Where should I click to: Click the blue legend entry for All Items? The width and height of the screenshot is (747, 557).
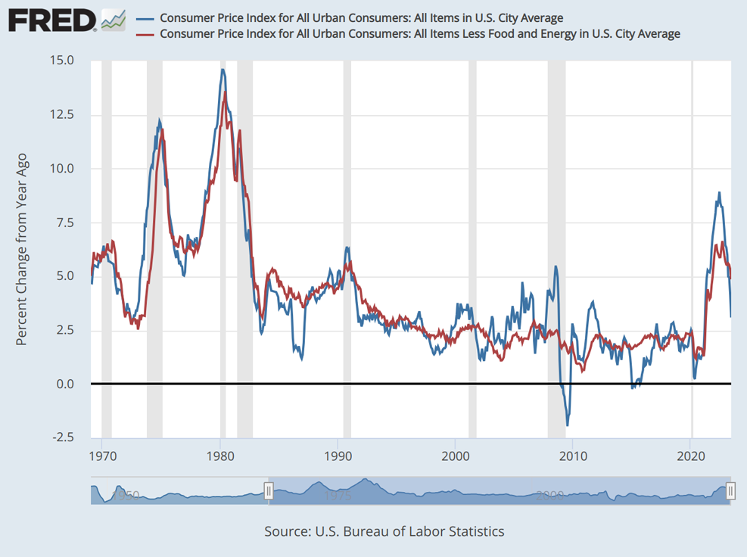pyautogui.click(x=362, y=18)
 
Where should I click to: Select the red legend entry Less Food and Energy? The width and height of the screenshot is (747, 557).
pyautogui.click(x=420, y=34)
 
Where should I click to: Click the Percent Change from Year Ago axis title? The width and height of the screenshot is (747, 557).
pyautogui.click(x=22, y=249)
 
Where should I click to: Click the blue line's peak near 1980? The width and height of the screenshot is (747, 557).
pyautogui.click(x=223, y=70)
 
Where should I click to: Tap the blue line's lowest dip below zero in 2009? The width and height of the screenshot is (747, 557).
pyautogui.click(x=567, y=425)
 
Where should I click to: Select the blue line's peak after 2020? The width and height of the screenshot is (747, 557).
pyautogui.click(x=719, y=192)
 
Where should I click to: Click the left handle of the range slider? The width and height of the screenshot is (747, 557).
pyautogui.click(x=268, y=491)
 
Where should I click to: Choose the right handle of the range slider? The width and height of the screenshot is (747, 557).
pyautogui.click(x=730, y=491)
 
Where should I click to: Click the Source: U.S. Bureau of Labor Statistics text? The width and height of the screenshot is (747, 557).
pyautogui.click(x=384, y=531)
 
